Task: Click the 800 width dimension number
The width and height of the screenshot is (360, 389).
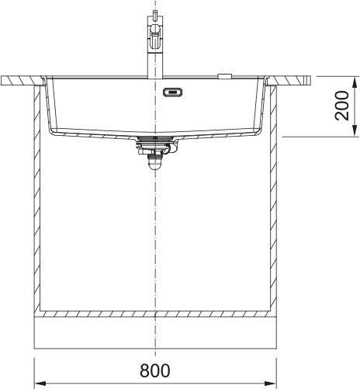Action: [x=155, y=370]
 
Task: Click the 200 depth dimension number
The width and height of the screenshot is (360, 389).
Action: [x=342, y=106]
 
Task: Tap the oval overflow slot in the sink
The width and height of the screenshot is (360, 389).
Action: [x=173, y=92]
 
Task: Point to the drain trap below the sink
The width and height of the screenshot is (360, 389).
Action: [x=154, y=161]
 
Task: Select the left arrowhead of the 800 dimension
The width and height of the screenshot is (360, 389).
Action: [x=40, y=384]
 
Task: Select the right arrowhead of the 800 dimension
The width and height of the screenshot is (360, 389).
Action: [x=271, y=384]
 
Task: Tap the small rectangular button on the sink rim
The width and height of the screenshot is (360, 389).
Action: [x=225, y=76]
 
